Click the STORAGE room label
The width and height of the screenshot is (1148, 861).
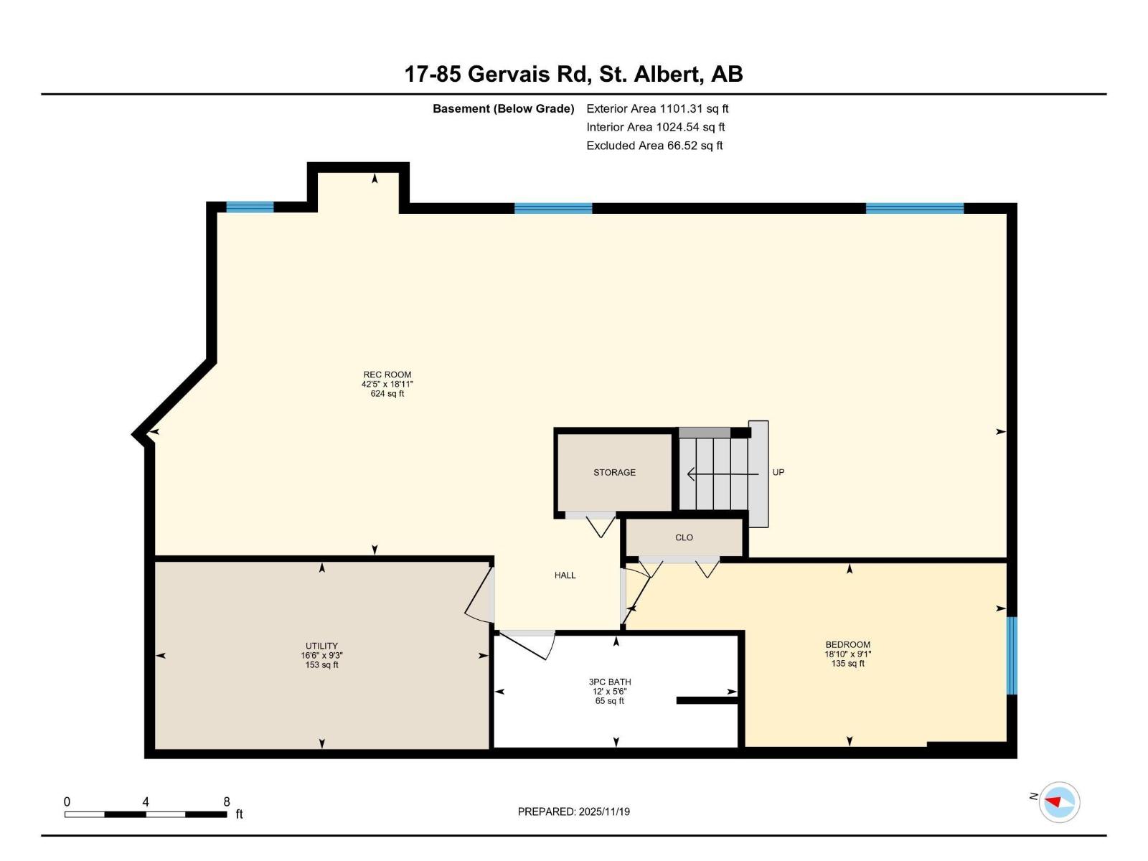(614, 472)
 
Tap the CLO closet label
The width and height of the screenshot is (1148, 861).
(684, 537)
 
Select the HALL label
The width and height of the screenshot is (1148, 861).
(565, 575)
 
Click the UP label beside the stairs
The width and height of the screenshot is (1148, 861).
(778, 472)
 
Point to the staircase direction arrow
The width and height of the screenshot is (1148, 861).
(721, 474)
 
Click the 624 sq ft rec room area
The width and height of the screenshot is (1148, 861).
(387, 394)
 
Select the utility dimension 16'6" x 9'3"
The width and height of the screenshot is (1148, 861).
(321, 655)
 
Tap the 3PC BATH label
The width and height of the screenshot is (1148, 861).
(609, 682)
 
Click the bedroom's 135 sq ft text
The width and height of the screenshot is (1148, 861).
(847, 664)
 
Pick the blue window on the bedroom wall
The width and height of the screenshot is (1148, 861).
(1012, 655)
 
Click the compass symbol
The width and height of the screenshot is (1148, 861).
(1059, 801)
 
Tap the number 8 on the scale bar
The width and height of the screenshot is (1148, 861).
(227, 802)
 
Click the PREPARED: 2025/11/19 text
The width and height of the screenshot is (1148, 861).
(573, 811)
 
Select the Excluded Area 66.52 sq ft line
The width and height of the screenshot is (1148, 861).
(654, 146)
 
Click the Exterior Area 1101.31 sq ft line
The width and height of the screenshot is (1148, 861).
(657, 109)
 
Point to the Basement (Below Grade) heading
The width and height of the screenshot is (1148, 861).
(503, 109)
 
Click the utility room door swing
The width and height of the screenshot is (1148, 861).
(479, 596)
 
